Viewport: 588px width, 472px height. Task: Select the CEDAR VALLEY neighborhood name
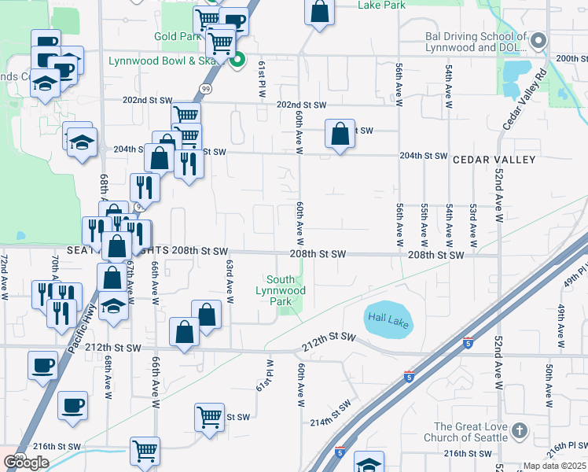494,160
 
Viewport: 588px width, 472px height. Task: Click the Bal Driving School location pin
538,40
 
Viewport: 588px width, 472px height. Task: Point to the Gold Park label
177,37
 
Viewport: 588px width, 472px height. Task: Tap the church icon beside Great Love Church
519,430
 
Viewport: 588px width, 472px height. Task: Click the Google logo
27,463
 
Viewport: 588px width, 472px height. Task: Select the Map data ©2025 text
555,466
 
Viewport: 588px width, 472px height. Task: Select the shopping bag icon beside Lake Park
319,13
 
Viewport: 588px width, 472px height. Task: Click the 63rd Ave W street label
230,282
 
